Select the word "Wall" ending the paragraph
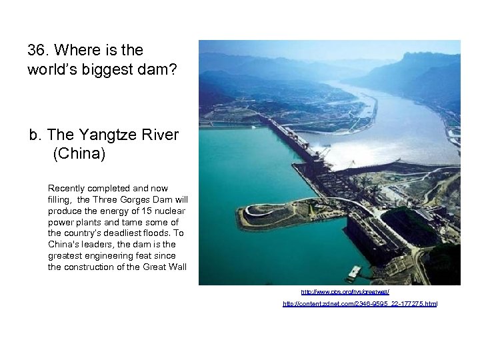176,267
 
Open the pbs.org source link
345,292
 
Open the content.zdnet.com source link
360,304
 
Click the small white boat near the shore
354,272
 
